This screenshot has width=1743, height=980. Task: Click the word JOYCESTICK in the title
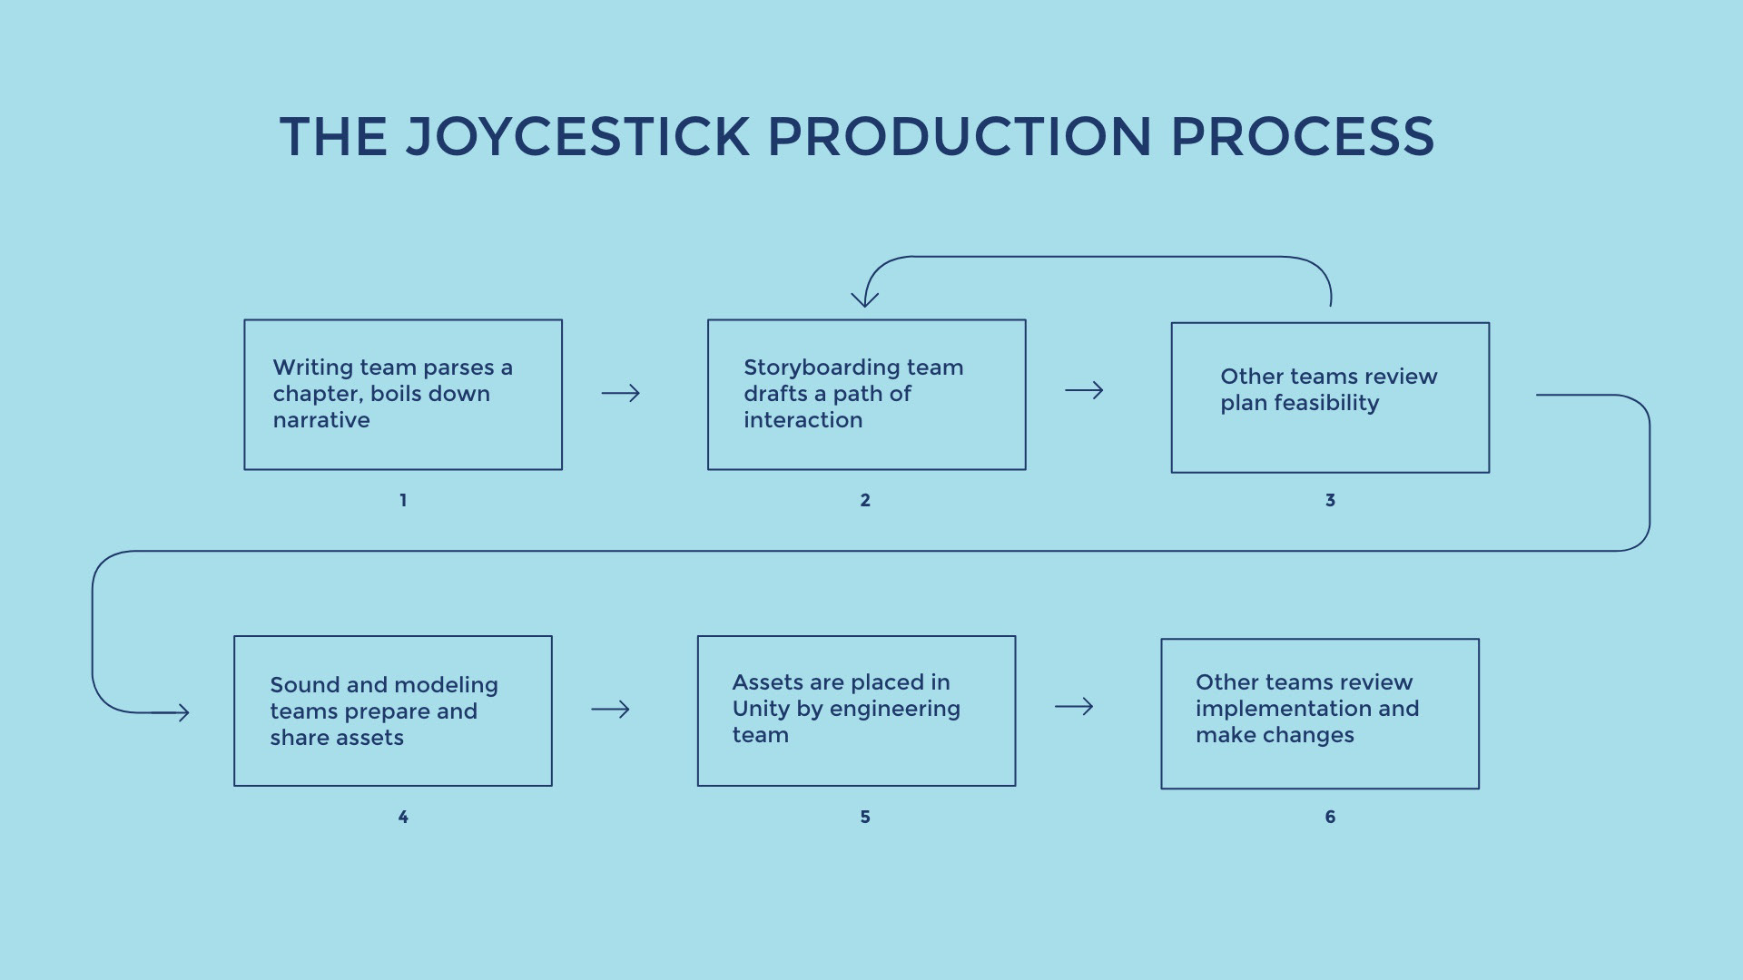577,137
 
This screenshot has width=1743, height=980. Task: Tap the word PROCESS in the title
1303,137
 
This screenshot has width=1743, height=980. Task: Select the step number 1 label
403,500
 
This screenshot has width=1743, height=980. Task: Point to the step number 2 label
865,500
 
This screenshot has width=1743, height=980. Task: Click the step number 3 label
1330,500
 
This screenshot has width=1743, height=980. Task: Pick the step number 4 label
403,817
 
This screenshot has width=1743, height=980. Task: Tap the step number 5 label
865,817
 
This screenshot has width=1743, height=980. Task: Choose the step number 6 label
1330,817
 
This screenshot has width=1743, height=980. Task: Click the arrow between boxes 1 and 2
621,393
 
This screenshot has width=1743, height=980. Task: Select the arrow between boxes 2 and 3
1084,390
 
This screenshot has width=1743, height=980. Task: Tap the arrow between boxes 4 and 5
610,709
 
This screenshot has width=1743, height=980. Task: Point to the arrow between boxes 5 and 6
1074,706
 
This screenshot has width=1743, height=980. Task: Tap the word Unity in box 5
762,710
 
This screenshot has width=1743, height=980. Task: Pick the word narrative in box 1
321,420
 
